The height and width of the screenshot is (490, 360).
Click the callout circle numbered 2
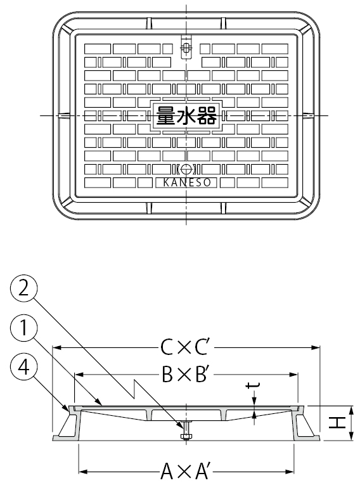pos(23,288)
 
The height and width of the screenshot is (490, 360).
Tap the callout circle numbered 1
pos(23,328)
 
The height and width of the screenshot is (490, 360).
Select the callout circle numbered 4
pos(23,367)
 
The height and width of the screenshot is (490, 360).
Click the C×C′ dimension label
pos(184,347)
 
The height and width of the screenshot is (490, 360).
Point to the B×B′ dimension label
pos(184,374)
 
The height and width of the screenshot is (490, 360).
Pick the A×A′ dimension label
pos(184,471)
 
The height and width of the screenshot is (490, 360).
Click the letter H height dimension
pos(337,423)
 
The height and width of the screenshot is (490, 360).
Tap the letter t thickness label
pos(253,387)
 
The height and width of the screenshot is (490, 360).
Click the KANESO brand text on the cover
pos(187,183)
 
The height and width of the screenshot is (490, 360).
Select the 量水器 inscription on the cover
pos(186,115)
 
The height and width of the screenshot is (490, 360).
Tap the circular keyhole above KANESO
pos(186,169)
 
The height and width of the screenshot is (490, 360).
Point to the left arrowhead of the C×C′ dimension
pos(56,347)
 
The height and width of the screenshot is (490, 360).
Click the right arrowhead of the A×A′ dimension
pos(290,471)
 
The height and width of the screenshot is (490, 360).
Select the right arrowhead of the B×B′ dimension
pos(293,374)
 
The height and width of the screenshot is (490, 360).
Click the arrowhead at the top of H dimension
pos(352,410)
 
